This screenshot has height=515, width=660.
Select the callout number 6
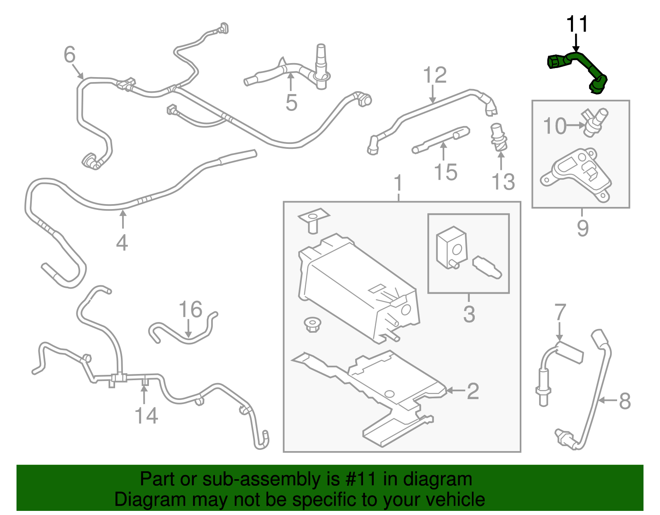point(70,55)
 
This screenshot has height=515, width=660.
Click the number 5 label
point(291,103)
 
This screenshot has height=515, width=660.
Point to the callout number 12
point(435,75)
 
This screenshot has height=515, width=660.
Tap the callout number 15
point(445,172)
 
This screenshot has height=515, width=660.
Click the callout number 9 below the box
point(582,228)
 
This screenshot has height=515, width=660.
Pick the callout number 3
point(469,314)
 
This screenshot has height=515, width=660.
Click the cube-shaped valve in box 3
point(452,247)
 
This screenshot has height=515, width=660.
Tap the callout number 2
point(473,390)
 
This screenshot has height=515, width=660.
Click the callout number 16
point(191,310)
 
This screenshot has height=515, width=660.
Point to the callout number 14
point(146,416)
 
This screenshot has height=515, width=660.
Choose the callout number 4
point(122,242)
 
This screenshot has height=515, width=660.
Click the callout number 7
point(560,313)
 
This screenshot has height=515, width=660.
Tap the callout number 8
point(625,401)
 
